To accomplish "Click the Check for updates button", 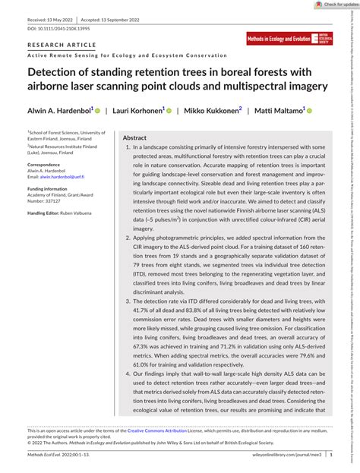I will pyautogui.click(x=332, y=4).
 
